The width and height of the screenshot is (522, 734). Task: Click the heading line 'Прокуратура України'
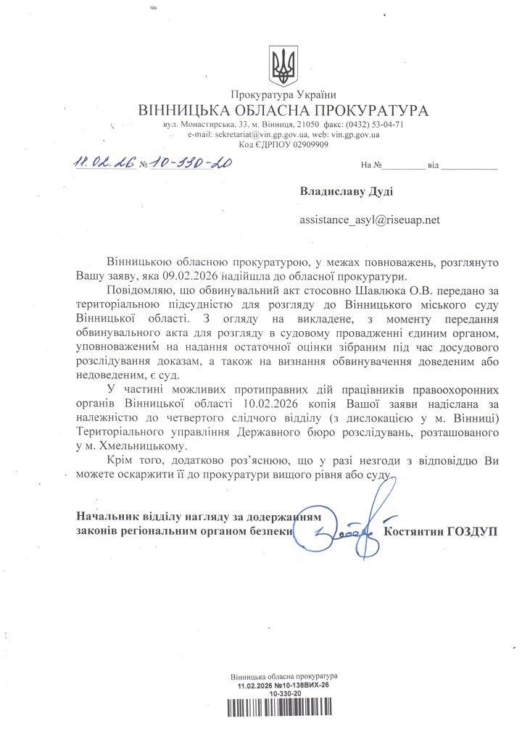pos(283,96)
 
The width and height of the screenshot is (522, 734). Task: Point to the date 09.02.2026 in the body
pos(189,275)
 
